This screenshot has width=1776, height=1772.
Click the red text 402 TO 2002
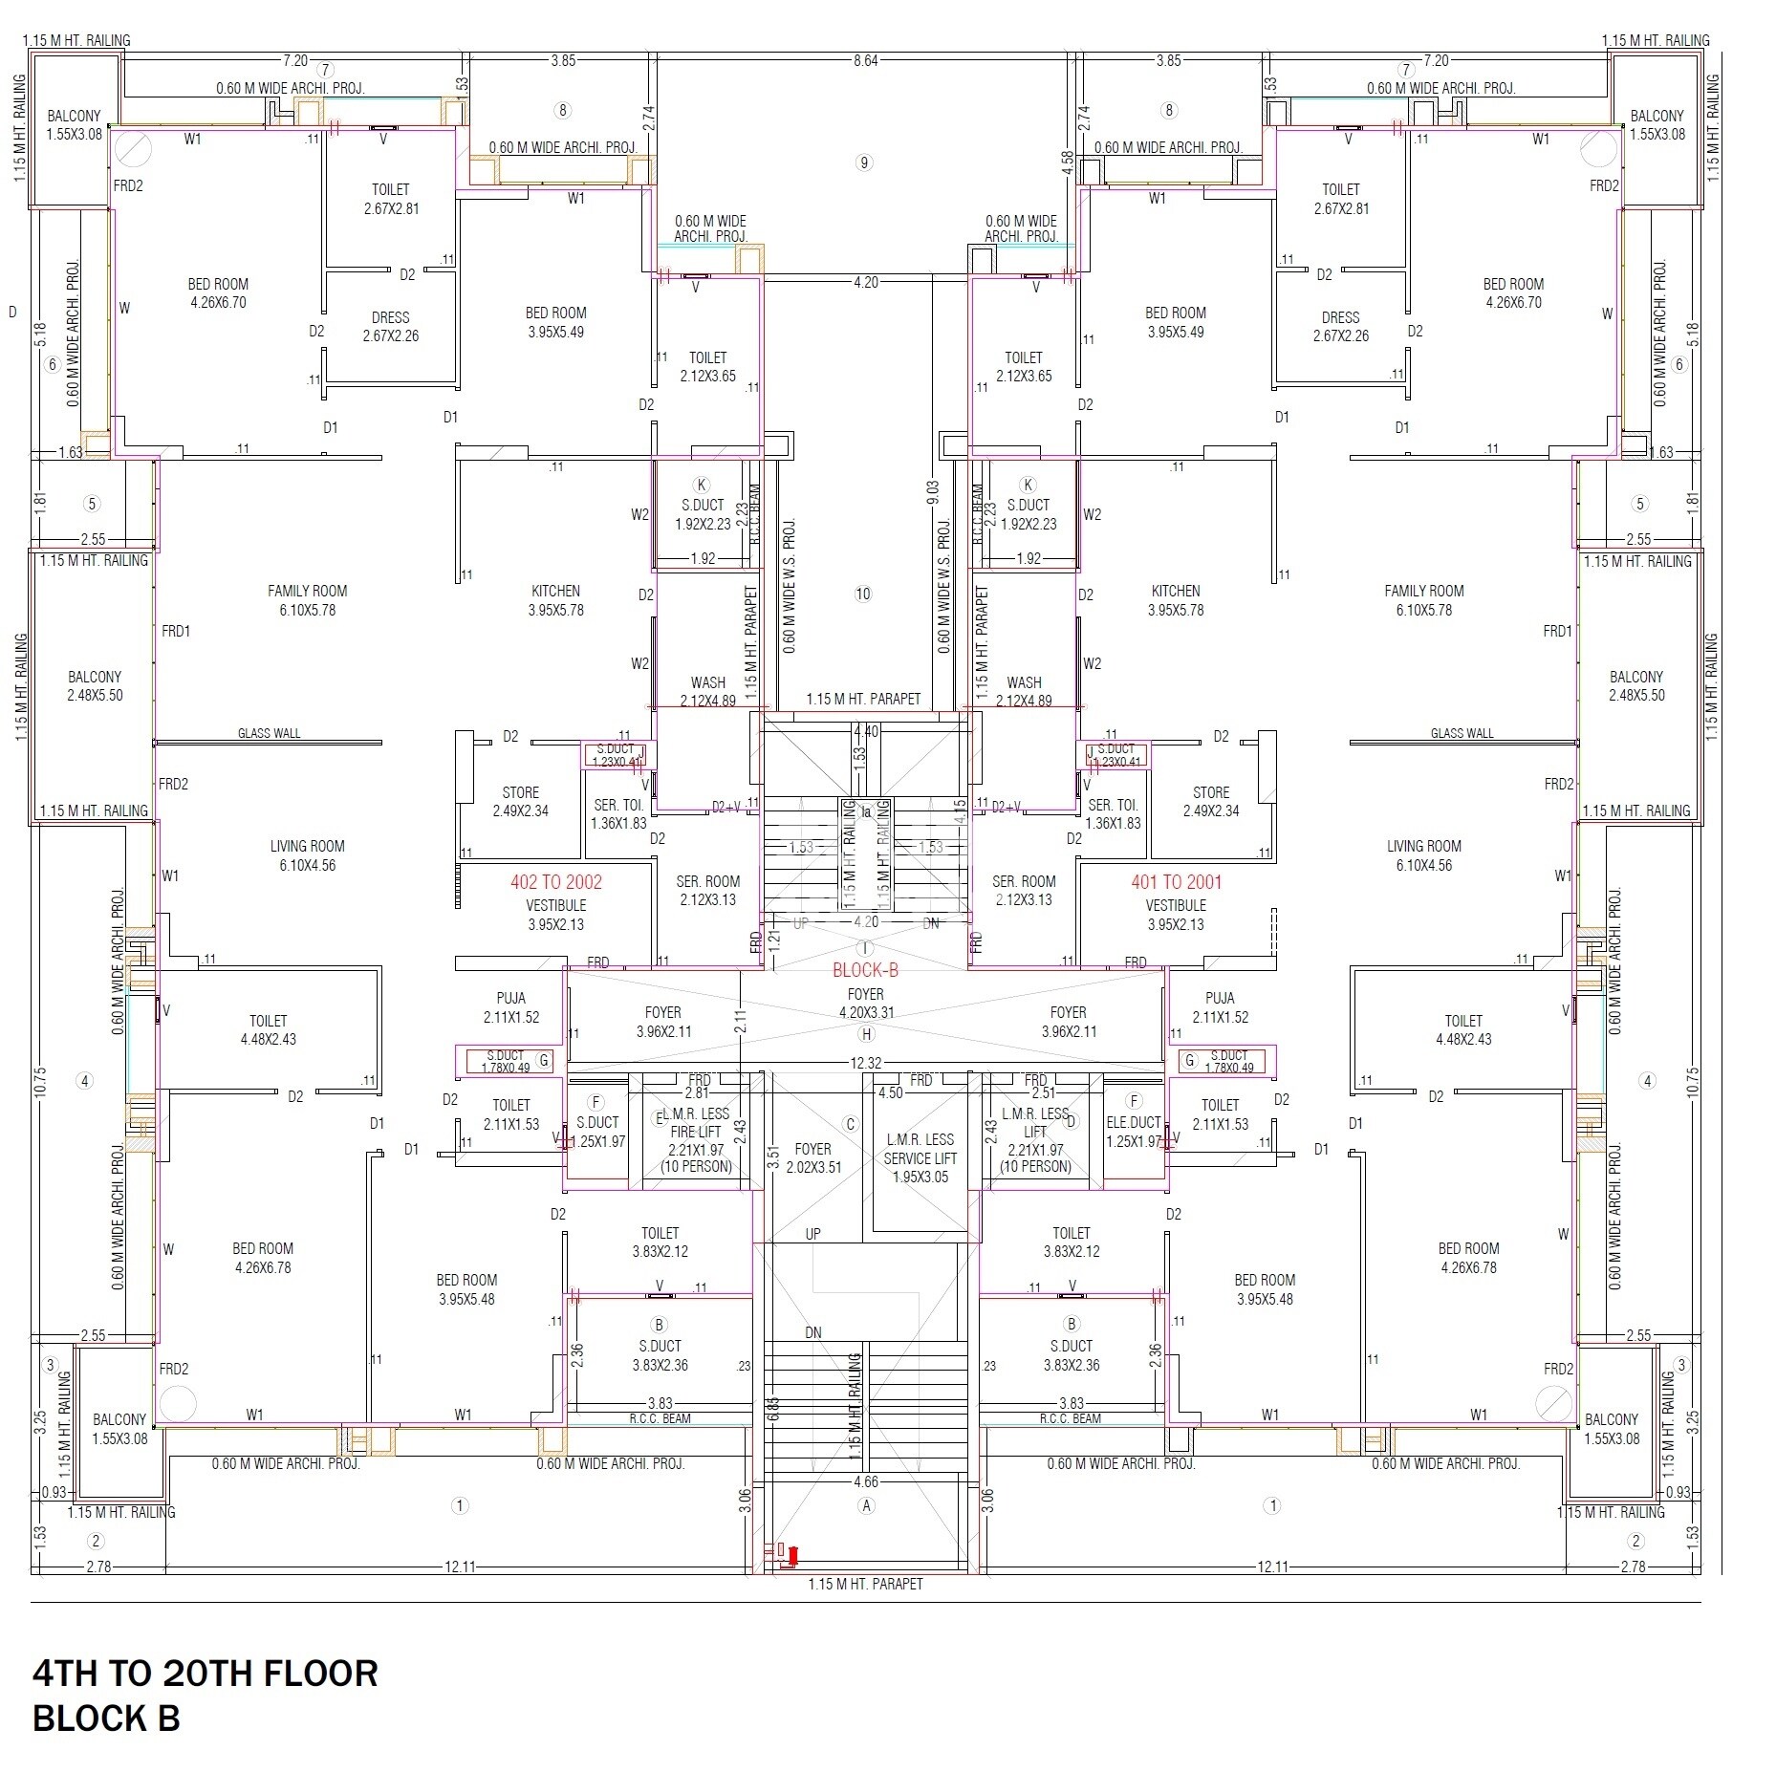pos(555,882)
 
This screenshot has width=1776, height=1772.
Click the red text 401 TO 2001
pos(1176,882)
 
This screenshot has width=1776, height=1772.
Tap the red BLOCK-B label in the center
pos(865,970)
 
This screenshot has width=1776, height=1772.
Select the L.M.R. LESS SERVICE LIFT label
pos(919,1157)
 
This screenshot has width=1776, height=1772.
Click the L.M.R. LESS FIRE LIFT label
pos(695,1132)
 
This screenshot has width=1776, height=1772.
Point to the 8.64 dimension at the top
pos(865,60)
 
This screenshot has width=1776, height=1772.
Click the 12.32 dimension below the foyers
pos(865,1063)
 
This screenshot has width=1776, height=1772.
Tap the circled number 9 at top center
pos(864,162)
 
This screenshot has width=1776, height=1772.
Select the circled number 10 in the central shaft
pos(863,594)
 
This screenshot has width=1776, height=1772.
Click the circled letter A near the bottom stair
pos(866,1505)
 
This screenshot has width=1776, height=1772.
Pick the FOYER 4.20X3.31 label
pos(866,1004)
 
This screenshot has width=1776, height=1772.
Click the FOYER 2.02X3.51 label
pos(812,1157)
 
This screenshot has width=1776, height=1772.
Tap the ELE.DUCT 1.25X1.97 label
pos(1133,1132)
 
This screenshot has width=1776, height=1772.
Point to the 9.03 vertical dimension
pos(933,492)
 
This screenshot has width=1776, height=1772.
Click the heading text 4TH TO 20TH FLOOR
pos(206,1674)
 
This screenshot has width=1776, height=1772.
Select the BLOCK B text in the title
pos(106,1718)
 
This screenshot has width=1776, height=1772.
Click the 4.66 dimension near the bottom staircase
pos(865,1482)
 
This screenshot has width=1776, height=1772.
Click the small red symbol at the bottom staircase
pos(791,1557)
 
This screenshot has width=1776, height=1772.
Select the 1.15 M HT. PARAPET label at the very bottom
pos(865,1584)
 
